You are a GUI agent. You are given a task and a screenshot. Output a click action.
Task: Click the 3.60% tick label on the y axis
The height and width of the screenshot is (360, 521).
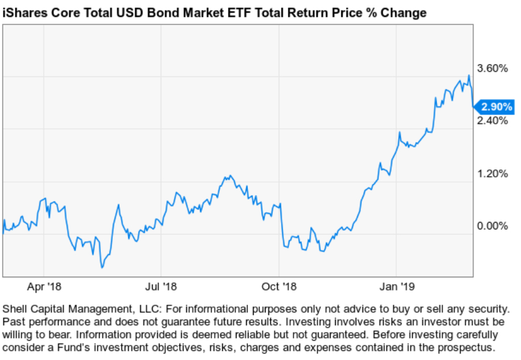click(492, 68)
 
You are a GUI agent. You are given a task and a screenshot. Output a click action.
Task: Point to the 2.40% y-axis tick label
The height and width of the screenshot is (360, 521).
click(492, 121)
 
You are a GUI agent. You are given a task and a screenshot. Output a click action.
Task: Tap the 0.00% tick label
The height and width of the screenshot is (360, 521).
click(492, 226)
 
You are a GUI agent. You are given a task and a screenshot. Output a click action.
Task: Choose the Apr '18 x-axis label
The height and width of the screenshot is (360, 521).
click(44, 285)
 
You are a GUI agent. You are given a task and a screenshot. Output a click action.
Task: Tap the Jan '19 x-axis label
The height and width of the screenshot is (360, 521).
click(397, 285)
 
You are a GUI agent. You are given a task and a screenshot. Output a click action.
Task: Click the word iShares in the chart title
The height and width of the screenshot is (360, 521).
click(23, 13)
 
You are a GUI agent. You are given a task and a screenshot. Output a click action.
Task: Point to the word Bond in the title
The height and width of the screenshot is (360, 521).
click(154, 13)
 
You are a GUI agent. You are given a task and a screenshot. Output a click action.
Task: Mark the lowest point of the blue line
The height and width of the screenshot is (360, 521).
click(101, 267)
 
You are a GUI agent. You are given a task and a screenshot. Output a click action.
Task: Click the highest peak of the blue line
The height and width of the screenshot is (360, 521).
click(469, 75)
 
